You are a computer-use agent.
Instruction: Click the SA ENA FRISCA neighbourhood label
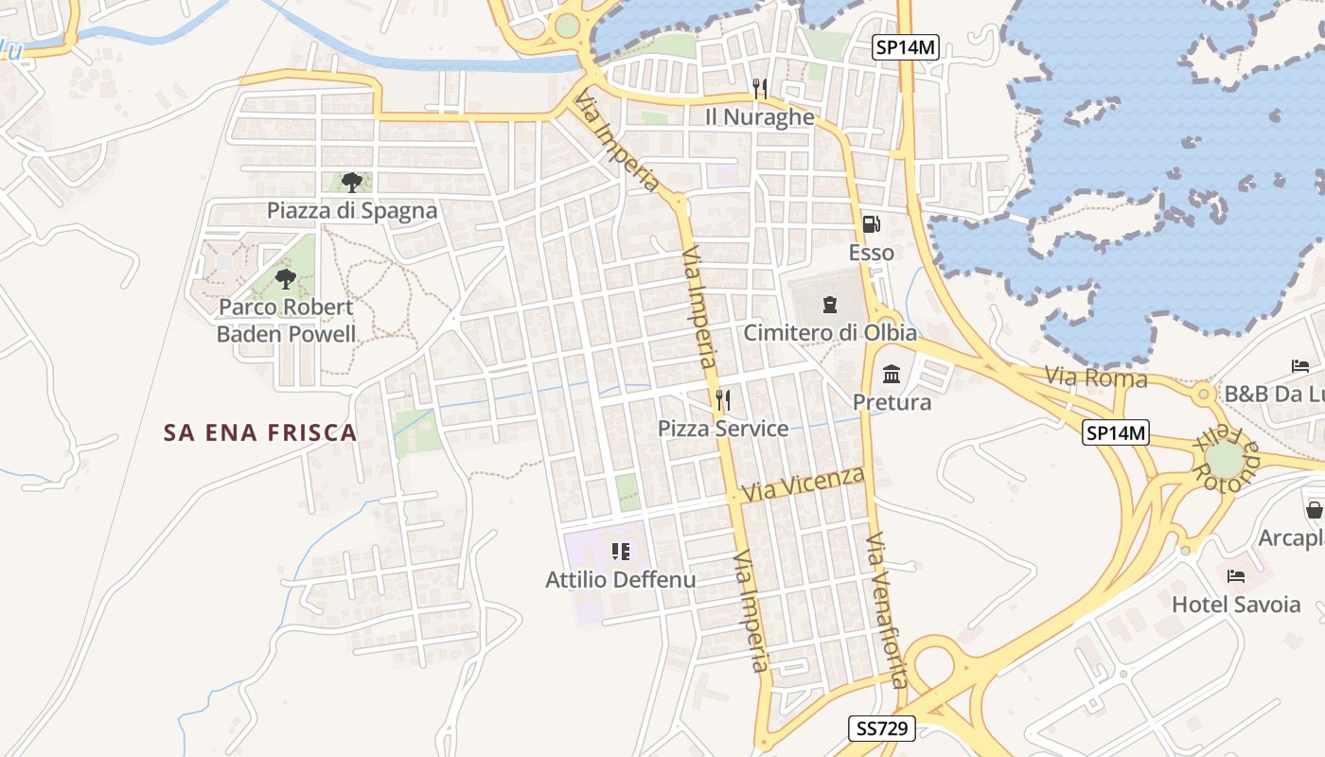coord(260,432)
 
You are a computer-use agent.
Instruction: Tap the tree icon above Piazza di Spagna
coord(352,182)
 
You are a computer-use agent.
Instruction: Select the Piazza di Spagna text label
coord(352,210)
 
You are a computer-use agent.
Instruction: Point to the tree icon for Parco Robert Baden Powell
coord(285,278)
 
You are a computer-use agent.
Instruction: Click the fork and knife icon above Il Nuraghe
coord(759,89)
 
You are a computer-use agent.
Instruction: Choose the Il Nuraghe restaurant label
coord(759,116)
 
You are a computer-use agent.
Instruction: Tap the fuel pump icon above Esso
coord(871,224)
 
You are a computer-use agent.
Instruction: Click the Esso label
coord(871,253)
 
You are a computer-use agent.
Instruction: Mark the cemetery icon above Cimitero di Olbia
coord(830,304)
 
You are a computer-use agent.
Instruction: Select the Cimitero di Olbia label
coord(830,332)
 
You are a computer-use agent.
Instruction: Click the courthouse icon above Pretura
coord(892,375)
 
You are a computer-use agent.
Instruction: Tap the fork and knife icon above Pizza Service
coord(723,400)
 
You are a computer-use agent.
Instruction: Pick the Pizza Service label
coord(723,429)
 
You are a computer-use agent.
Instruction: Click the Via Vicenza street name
coord(804,484)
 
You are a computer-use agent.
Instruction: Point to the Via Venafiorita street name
coord(888,610)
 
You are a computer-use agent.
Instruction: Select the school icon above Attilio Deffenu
coord(620,551)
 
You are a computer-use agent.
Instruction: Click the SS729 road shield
coord(881,728)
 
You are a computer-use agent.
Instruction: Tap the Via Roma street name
coord(1096,378)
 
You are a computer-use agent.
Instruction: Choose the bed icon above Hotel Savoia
coord(1236,575)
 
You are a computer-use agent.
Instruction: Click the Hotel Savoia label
coord(1236,604)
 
